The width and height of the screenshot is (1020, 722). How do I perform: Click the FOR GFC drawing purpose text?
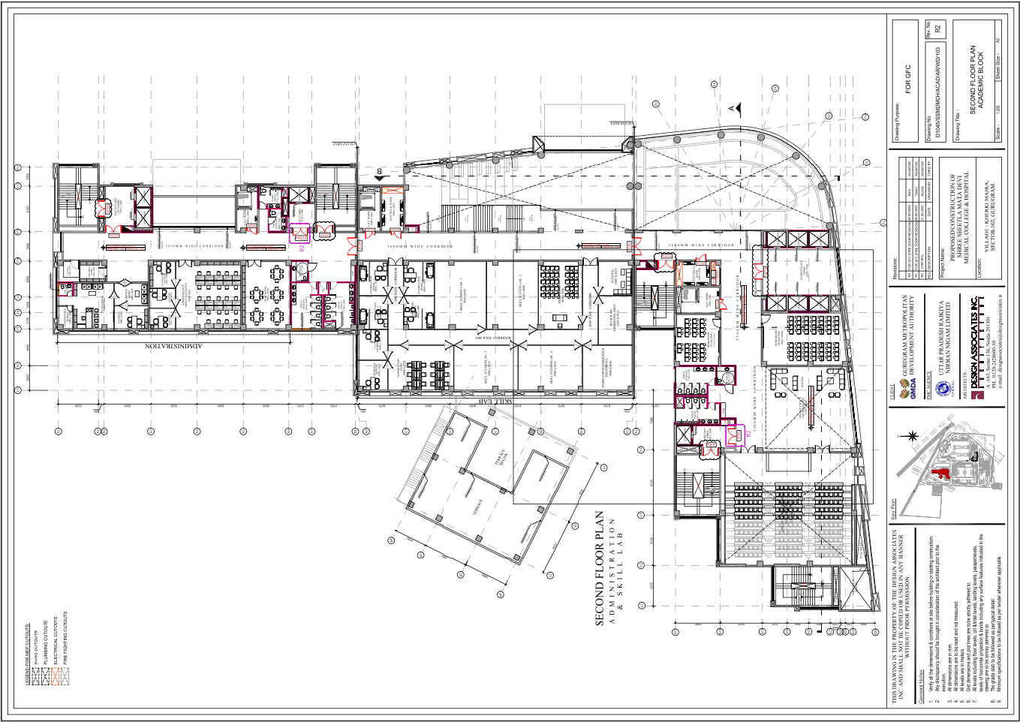907,79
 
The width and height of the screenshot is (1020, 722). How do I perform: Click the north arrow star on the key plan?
913,436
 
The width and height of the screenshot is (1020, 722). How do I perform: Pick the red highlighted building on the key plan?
937,472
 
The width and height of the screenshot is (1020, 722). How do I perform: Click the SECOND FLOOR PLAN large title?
599,568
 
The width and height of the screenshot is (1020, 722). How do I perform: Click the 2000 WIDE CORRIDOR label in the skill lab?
492,338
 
